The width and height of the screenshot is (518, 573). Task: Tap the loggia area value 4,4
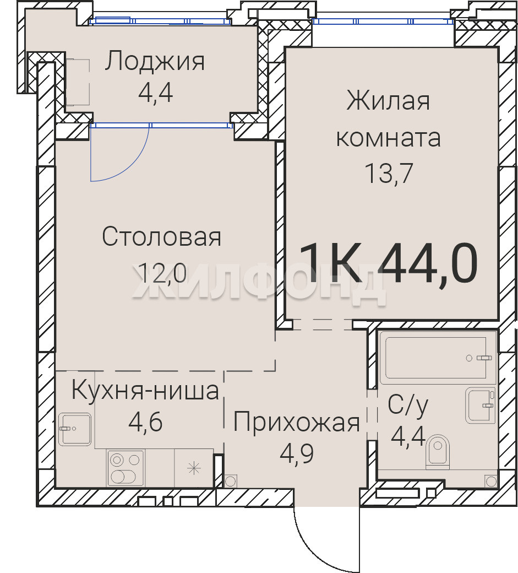point(155,93)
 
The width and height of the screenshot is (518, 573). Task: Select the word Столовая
point(162,237)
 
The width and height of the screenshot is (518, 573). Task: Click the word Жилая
point(389,101)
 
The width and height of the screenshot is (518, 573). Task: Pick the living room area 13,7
point(389,173)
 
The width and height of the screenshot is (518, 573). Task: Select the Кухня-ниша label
point(145,390)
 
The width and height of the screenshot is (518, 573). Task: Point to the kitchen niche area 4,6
point(145,421)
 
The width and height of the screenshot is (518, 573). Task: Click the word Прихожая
point(296,423)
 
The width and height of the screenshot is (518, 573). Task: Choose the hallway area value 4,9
point(296,453)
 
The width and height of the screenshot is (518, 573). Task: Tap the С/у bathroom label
point(408,405)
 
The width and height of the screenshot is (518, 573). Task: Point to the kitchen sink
point(75,429)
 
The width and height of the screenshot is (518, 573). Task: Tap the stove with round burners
point(125,468)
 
